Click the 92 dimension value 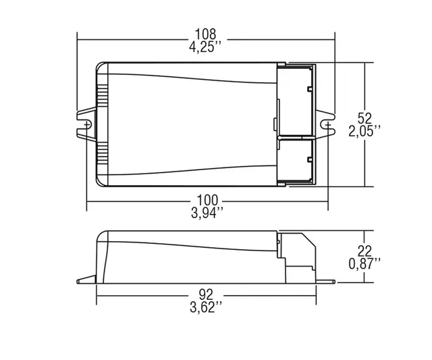[x=206, y=295]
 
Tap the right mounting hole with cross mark [x=328, y=124]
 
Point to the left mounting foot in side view [x=86, y=278]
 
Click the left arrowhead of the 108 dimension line [x=80, y=39]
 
